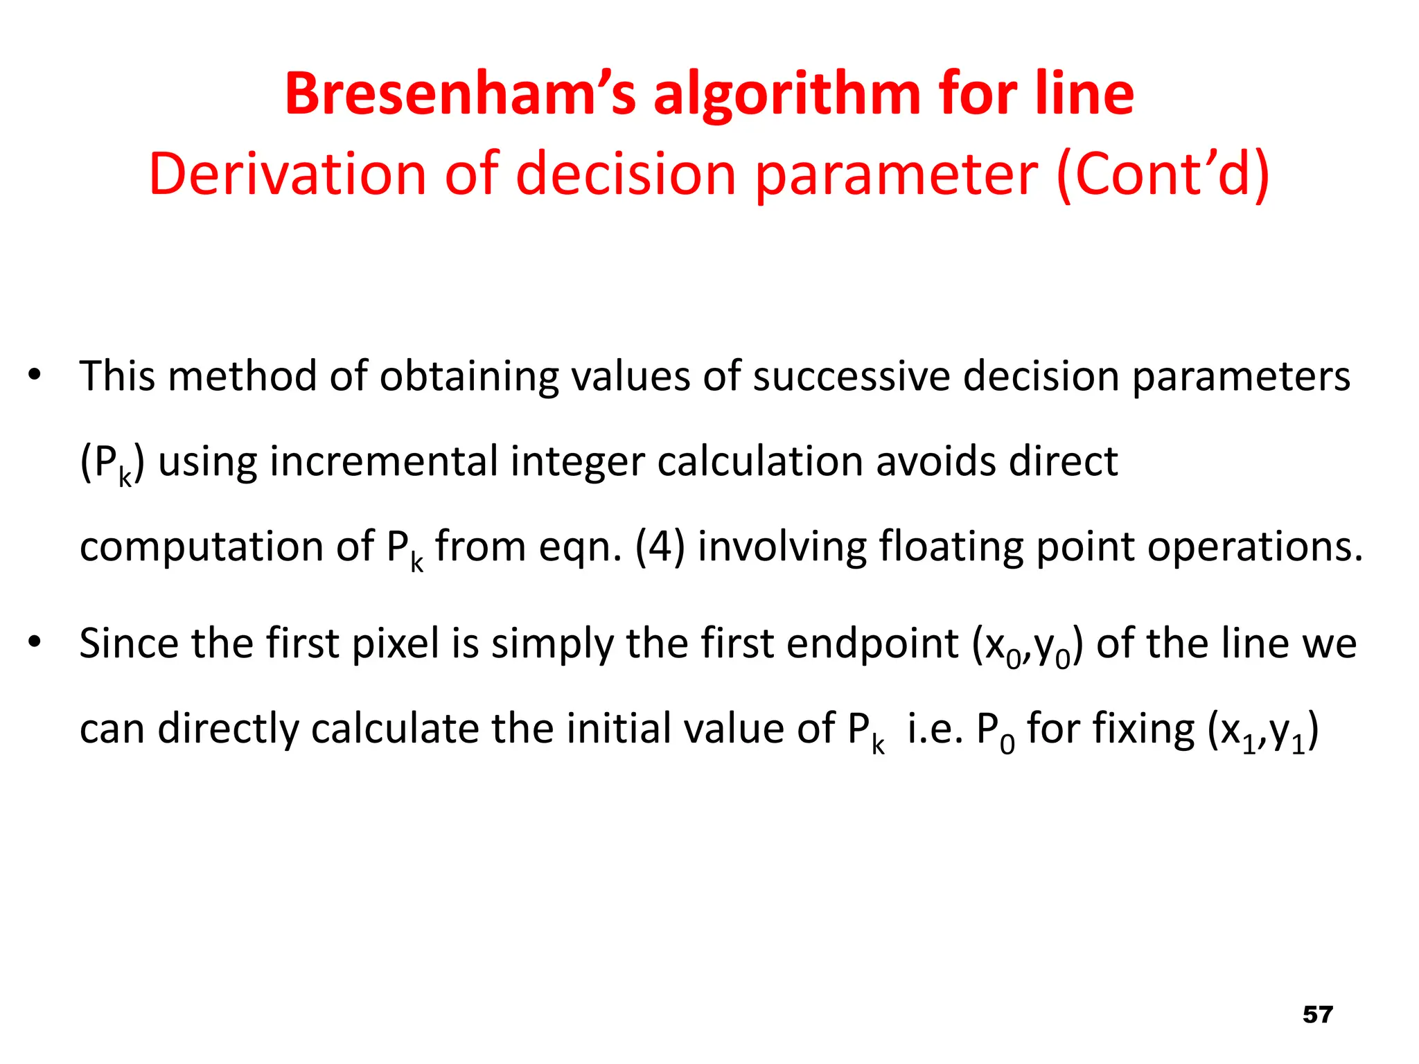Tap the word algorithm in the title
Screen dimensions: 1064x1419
pos(786,95)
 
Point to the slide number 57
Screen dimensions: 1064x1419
pos(1318,1014)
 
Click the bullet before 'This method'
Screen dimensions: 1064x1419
pos(35,376)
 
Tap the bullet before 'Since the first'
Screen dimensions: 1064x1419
pos(35,643)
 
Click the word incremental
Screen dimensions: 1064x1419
pos(383,461)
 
